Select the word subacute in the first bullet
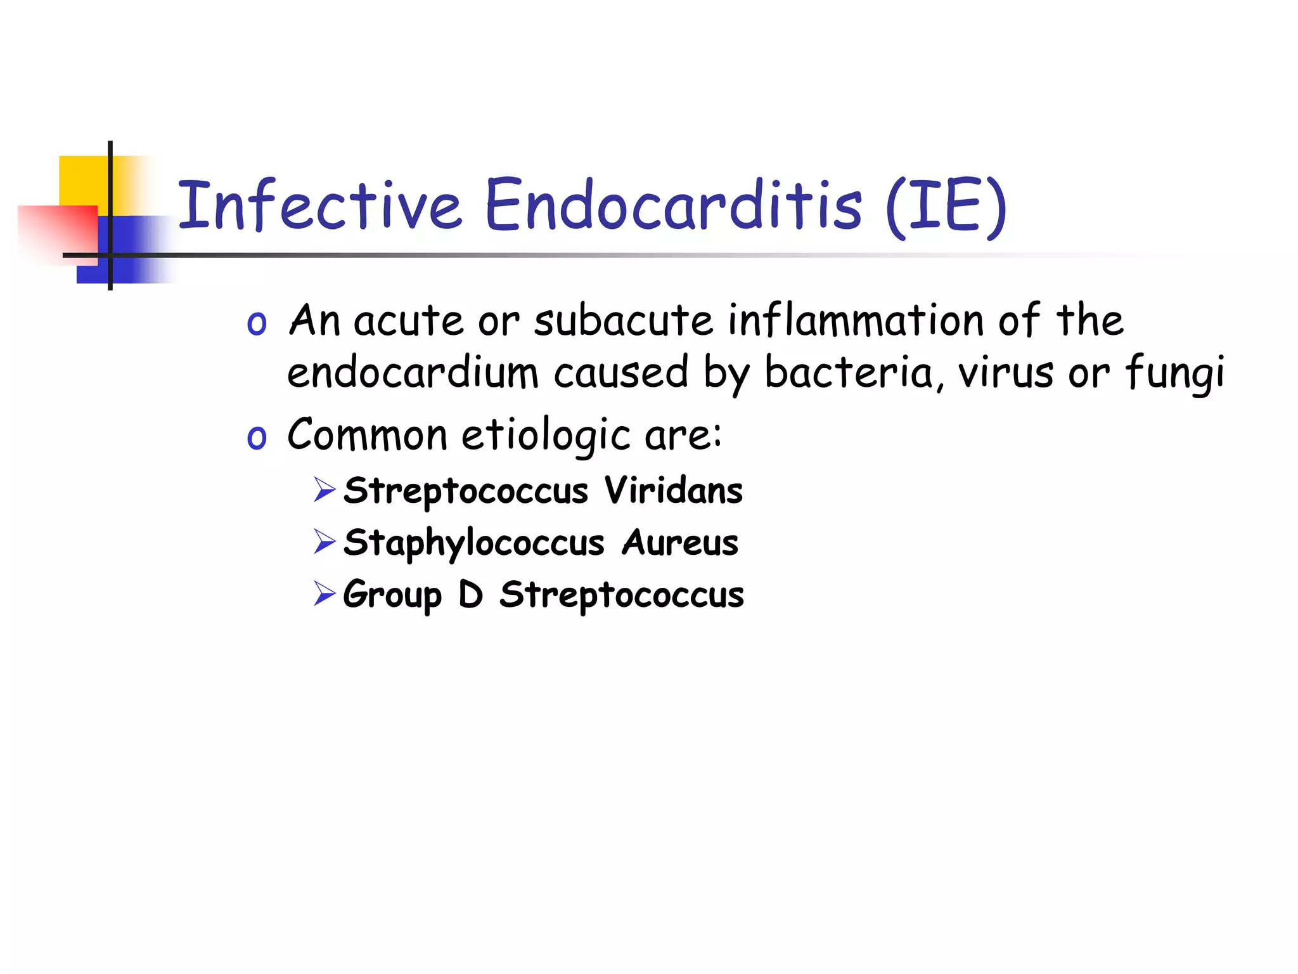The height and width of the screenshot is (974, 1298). point(624,320)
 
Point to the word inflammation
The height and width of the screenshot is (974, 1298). point(856,320)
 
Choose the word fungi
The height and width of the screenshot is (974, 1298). point(1174,374)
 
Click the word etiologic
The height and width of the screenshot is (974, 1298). point(546,436)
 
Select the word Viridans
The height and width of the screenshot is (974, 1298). point(673,490)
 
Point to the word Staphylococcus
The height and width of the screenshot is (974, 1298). point(473,543)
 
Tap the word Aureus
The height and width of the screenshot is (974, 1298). point(680,543)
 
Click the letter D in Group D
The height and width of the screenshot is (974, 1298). point(471,594)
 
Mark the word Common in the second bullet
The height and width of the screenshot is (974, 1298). point(368,435)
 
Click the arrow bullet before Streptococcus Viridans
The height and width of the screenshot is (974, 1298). point(324,490)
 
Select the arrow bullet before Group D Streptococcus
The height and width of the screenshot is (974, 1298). point(324,594)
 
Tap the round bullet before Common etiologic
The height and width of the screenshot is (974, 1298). point(257,438)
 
